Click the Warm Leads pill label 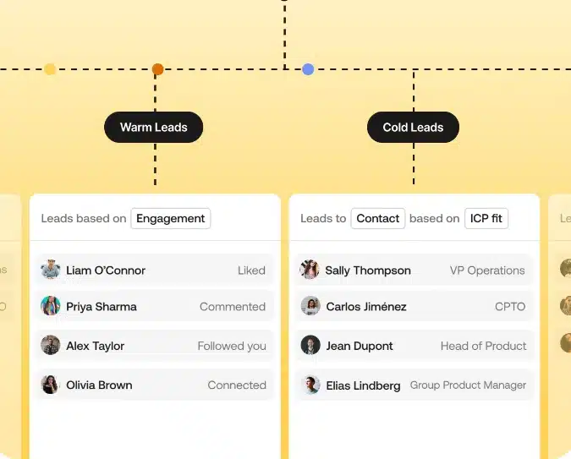[154, 127]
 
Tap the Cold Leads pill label [413, 127]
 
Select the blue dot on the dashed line [308, 69]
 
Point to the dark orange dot [157, 69]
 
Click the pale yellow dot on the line [50, 69]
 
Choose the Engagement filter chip [170, 218]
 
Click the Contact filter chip [377, 218]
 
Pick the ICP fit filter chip [486, 218]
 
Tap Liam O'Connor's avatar [50, 270]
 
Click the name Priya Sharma [102, 307]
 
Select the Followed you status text [232, 346]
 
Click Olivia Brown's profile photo [50, 385]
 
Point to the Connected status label [237, 385]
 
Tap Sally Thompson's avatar [310, 270]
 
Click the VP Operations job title [487, 270]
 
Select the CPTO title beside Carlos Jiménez [510, 307]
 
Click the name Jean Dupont [360, 346]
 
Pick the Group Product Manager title [468, 385]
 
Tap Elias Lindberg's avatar [310, 385]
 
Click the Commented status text [233, 307]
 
